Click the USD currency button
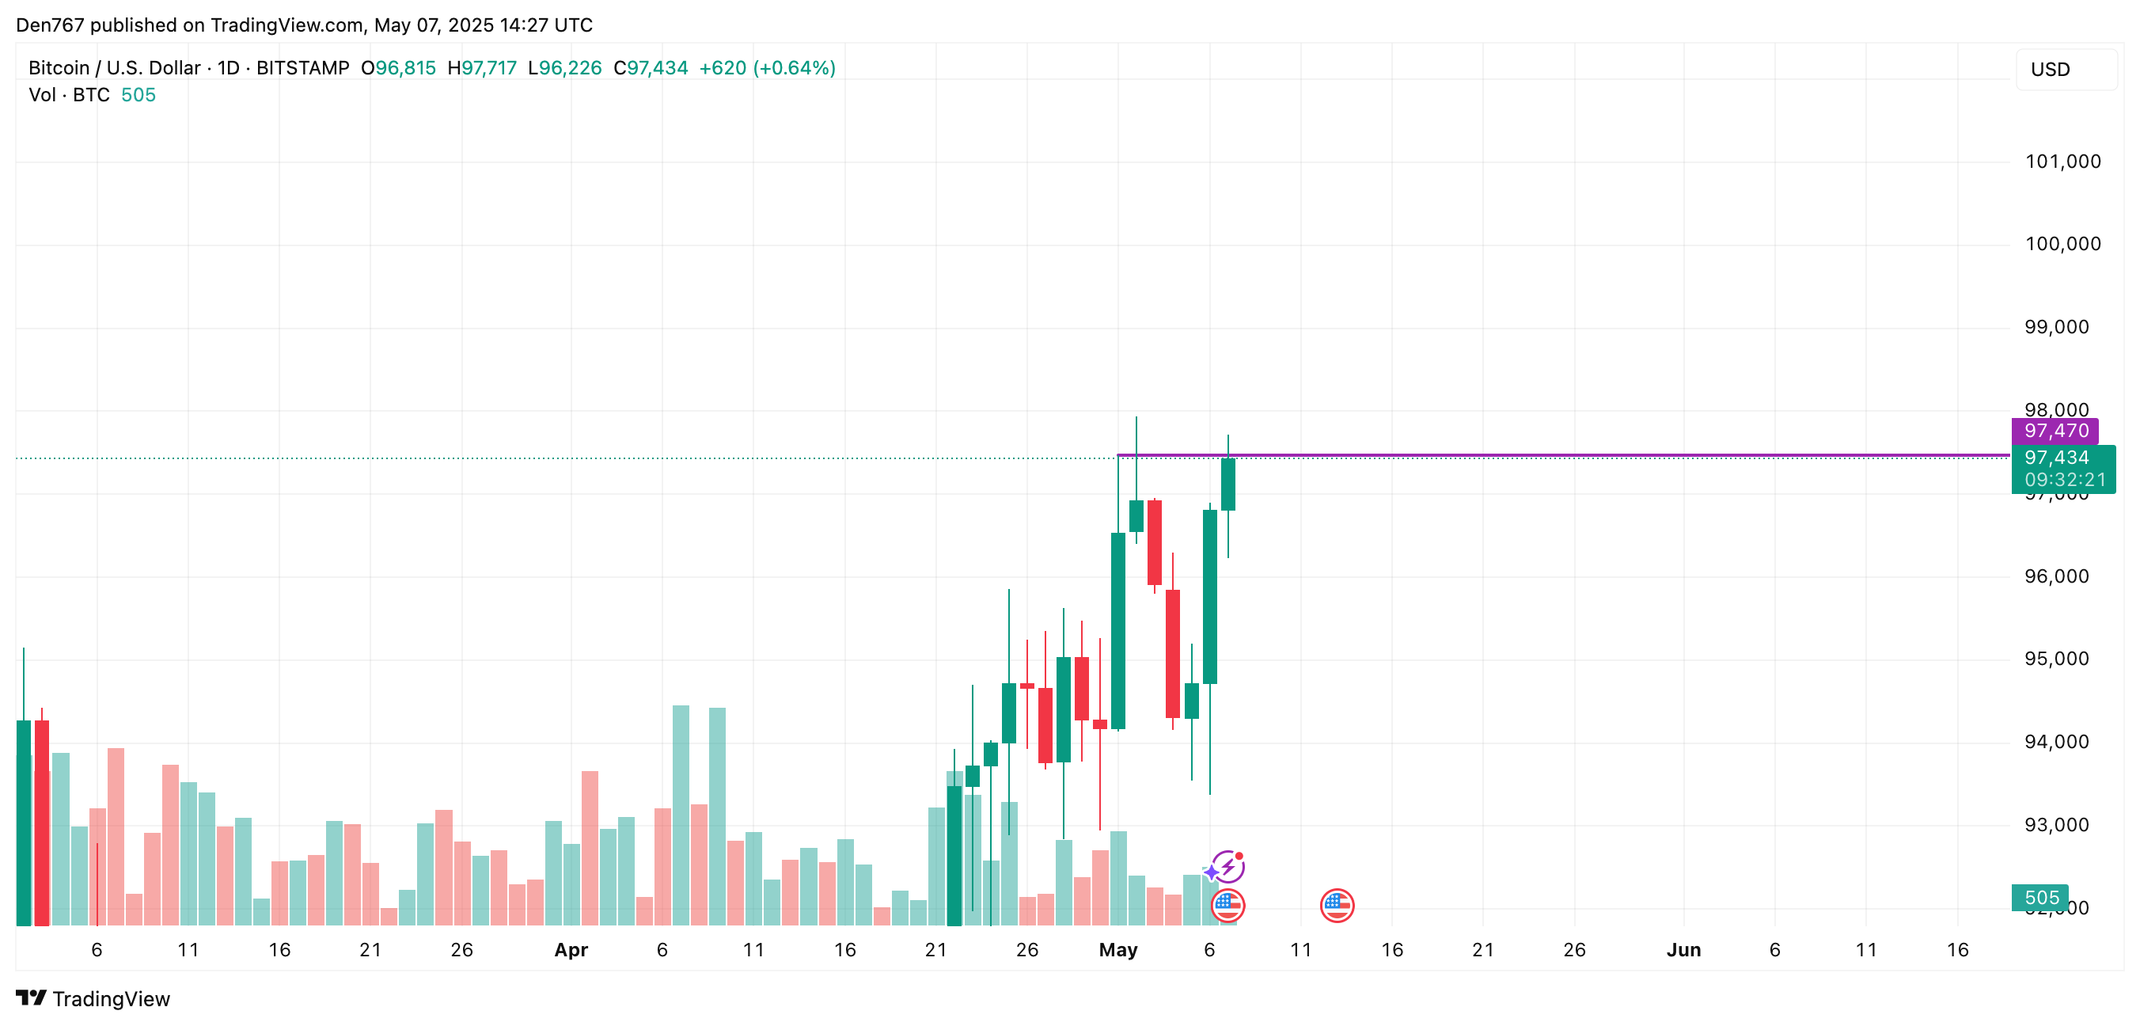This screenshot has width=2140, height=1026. tap(2066, 70)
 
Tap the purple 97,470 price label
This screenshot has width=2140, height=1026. tap(2055, 431)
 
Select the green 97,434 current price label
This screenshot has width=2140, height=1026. tap(2061, 458)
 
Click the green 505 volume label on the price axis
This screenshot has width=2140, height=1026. tap(2039, 897)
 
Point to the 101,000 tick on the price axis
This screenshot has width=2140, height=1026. tap(2062, 161)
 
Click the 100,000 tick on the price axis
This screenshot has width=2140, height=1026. tap(2062, 243)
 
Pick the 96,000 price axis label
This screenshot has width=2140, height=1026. tap(2056, 576)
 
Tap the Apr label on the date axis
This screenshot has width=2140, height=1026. tap(571, 949)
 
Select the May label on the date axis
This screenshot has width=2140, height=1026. tap(1117, 949)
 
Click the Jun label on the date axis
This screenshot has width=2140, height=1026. tap(1683, 949)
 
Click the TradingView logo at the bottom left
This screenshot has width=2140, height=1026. tap(93, 998)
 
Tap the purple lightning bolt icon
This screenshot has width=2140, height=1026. tap(1227, 867)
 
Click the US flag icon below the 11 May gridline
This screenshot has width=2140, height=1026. tap(1337, 905)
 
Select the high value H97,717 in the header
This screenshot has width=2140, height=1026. tap(482, 68)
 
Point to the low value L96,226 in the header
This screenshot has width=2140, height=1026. tap(565, 68)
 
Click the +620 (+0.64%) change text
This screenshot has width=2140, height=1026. tap(767, 68)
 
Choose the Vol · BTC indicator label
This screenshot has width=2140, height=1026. tap(69, 95)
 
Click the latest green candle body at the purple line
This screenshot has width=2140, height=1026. tap(1227, 484)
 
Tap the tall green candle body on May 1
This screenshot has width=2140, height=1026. tap(1118, 632)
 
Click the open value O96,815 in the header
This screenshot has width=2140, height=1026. tap(398, 68)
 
